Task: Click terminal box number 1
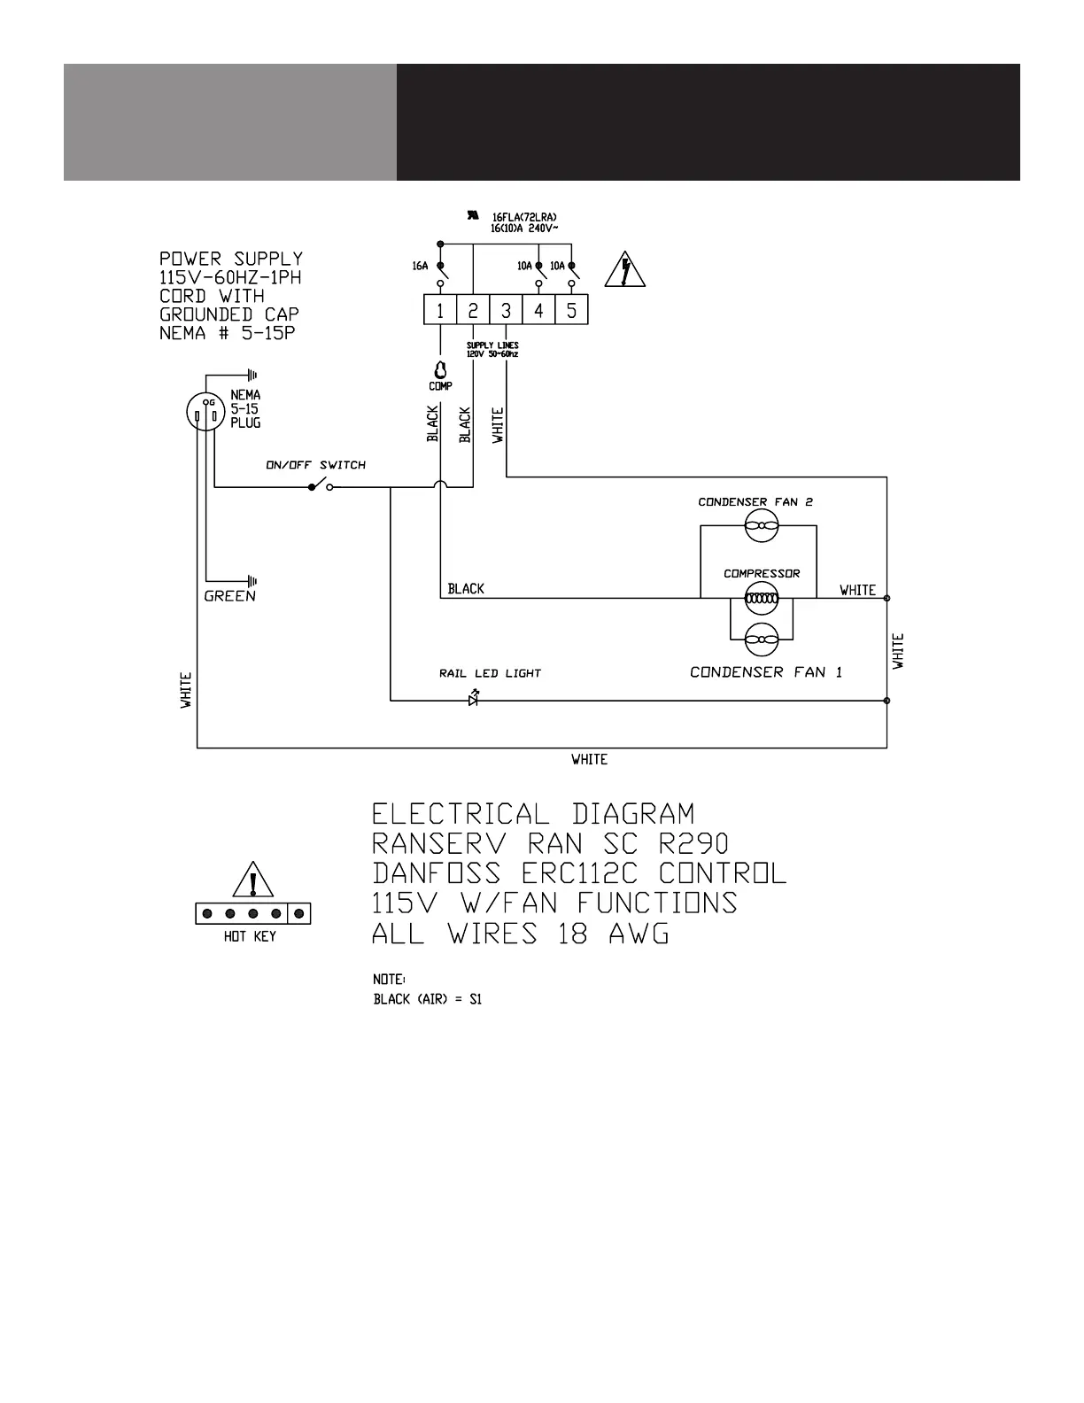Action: (439, 311)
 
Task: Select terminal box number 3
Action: (506, 311)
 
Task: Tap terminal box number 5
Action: (571, 311)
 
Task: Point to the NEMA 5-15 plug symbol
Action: (203, 412)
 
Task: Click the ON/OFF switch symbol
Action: (320, 486)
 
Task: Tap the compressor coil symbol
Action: (761, 599)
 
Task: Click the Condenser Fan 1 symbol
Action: (761, 637)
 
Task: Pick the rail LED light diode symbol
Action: (474, 700)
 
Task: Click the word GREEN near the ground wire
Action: (229, 596)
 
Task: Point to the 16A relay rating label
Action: (420, 266)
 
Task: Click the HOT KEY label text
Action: (250, 936)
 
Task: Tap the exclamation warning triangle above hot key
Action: (253, 880)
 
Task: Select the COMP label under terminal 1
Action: (440, 386)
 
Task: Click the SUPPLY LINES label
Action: (492, 345)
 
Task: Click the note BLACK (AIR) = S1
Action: (427, 999)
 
